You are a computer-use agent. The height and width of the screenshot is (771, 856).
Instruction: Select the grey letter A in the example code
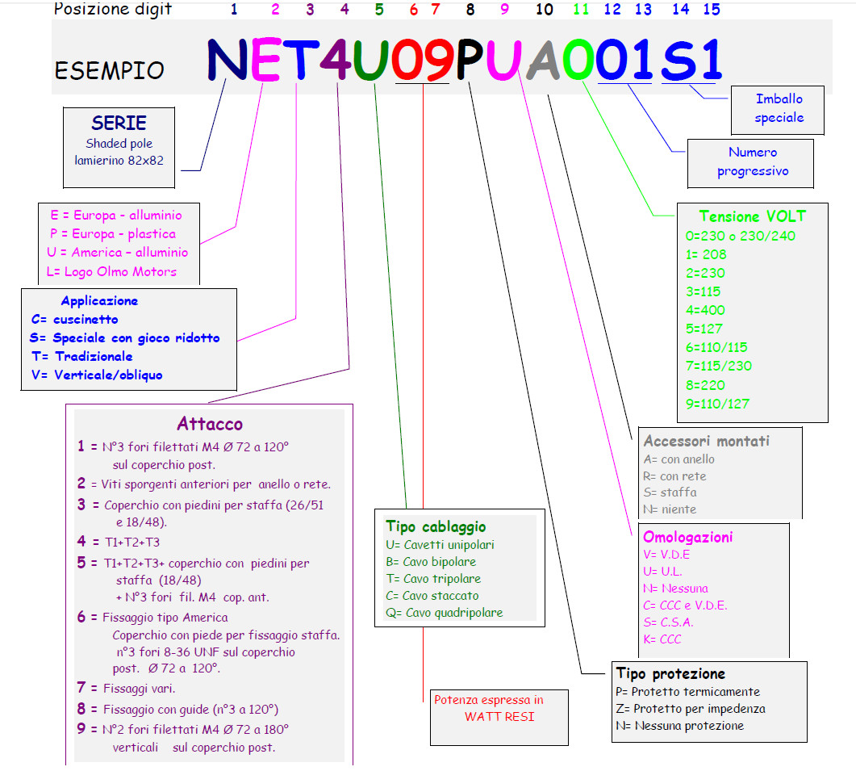click(543, 61)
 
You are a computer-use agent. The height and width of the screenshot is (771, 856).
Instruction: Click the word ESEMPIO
click(109, 70)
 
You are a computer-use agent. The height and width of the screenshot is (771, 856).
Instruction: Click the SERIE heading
click(119, 124)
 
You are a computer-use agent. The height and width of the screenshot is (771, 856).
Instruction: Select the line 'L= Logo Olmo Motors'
click(111, 271)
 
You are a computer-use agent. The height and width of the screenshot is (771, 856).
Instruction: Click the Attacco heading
click(210, 425)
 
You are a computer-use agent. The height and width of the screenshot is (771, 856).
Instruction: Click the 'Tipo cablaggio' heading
click(436, 527)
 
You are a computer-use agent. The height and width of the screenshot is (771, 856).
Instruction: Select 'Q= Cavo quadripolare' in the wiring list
click(444, 612)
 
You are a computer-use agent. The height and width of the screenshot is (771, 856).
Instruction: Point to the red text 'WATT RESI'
click(499, 716)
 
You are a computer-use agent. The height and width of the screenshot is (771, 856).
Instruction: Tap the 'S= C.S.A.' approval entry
click(668, 622)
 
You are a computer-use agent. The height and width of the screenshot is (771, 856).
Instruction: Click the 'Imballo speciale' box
click(779, 108)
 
